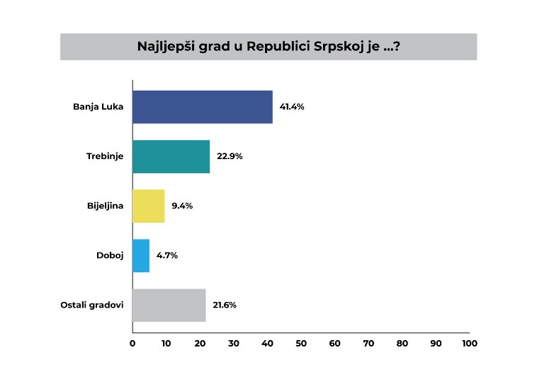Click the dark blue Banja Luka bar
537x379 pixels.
click(x=202, y=107)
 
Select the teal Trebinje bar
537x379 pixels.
click(x=171, y=156)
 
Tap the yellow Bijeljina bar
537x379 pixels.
click(x=148, y=206)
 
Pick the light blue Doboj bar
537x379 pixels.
click(x=140, y=255)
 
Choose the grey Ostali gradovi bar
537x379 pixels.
click(x=169, y=305)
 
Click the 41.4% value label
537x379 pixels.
click(x=292, y=107)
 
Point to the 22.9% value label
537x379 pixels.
click(x=230, y=156)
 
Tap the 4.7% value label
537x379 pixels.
click(x=166, y=255)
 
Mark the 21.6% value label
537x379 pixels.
click(x=224, y=305)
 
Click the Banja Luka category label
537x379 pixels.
click(x=98, y=107)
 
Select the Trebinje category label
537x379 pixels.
click(x=105, y=156)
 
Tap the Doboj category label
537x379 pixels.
click(x=110, y=255)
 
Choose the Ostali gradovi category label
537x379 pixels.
click(x=93, y=305)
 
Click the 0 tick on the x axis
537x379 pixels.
click(x=132, y=344)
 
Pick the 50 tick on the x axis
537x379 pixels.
click(x=300, y=344)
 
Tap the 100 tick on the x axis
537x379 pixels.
click(x=469, y=344)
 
